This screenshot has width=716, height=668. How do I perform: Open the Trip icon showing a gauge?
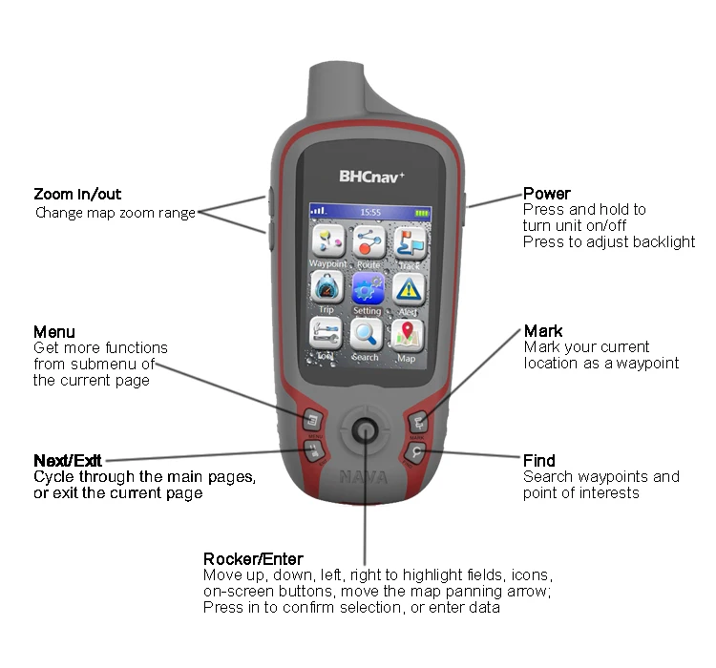(327, 288)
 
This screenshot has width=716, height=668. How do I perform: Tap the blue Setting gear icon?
(368, 288)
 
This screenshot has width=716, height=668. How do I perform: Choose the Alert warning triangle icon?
(409, 288)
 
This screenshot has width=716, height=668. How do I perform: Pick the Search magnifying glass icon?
(368, 334)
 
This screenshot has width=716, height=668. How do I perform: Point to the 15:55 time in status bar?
(369, 212)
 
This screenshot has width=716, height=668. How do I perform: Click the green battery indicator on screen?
(422, 212)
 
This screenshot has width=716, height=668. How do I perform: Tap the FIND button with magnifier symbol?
(417, 450)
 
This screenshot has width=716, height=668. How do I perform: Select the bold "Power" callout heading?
(547, 194)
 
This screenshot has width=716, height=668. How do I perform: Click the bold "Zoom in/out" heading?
(77, 194)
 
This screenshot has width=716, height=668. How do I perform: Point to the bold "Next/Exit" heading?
(72, 460)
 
